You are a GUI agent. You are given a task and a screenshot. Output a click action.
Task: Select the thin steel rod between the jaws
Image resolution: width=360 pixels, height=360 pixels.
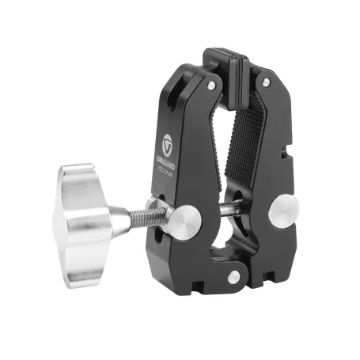click(231, 210)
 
